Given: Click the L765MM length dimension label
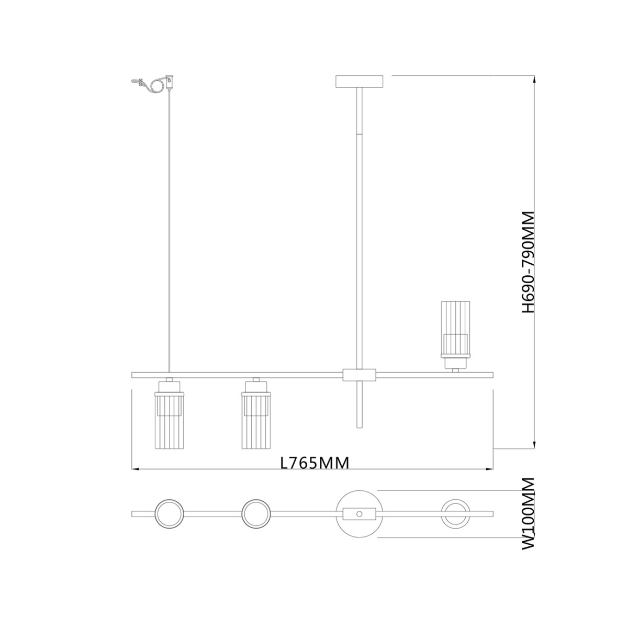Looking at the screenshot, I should (315, 463).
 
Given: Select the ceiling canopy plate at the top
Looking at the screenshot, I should (359, 82).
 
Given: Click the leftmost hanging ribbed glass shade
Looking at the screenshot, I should (169, 419).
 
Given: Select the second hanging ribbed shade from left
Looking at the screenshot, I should (256, 419).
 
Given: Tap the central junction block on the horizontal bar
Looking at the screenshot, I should (359, 375).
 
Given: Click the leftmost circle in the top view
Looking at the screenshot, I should (169, 513).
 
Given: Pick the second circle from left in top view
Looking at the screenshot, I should (256, 513).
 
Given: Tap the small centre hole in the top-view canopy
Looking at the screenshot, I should (359, 513).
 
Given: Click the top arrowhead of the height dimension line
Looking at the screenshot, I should (534, 79).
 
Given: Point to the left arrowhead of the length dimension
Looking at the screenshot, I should (134, 469).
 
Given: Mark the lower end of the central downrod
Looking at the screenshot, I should (359, 427).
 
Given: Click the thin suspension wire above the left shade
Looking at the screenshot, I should (170, 235).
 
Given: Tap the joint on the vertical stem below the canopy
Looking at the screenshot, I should (359, 134).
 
